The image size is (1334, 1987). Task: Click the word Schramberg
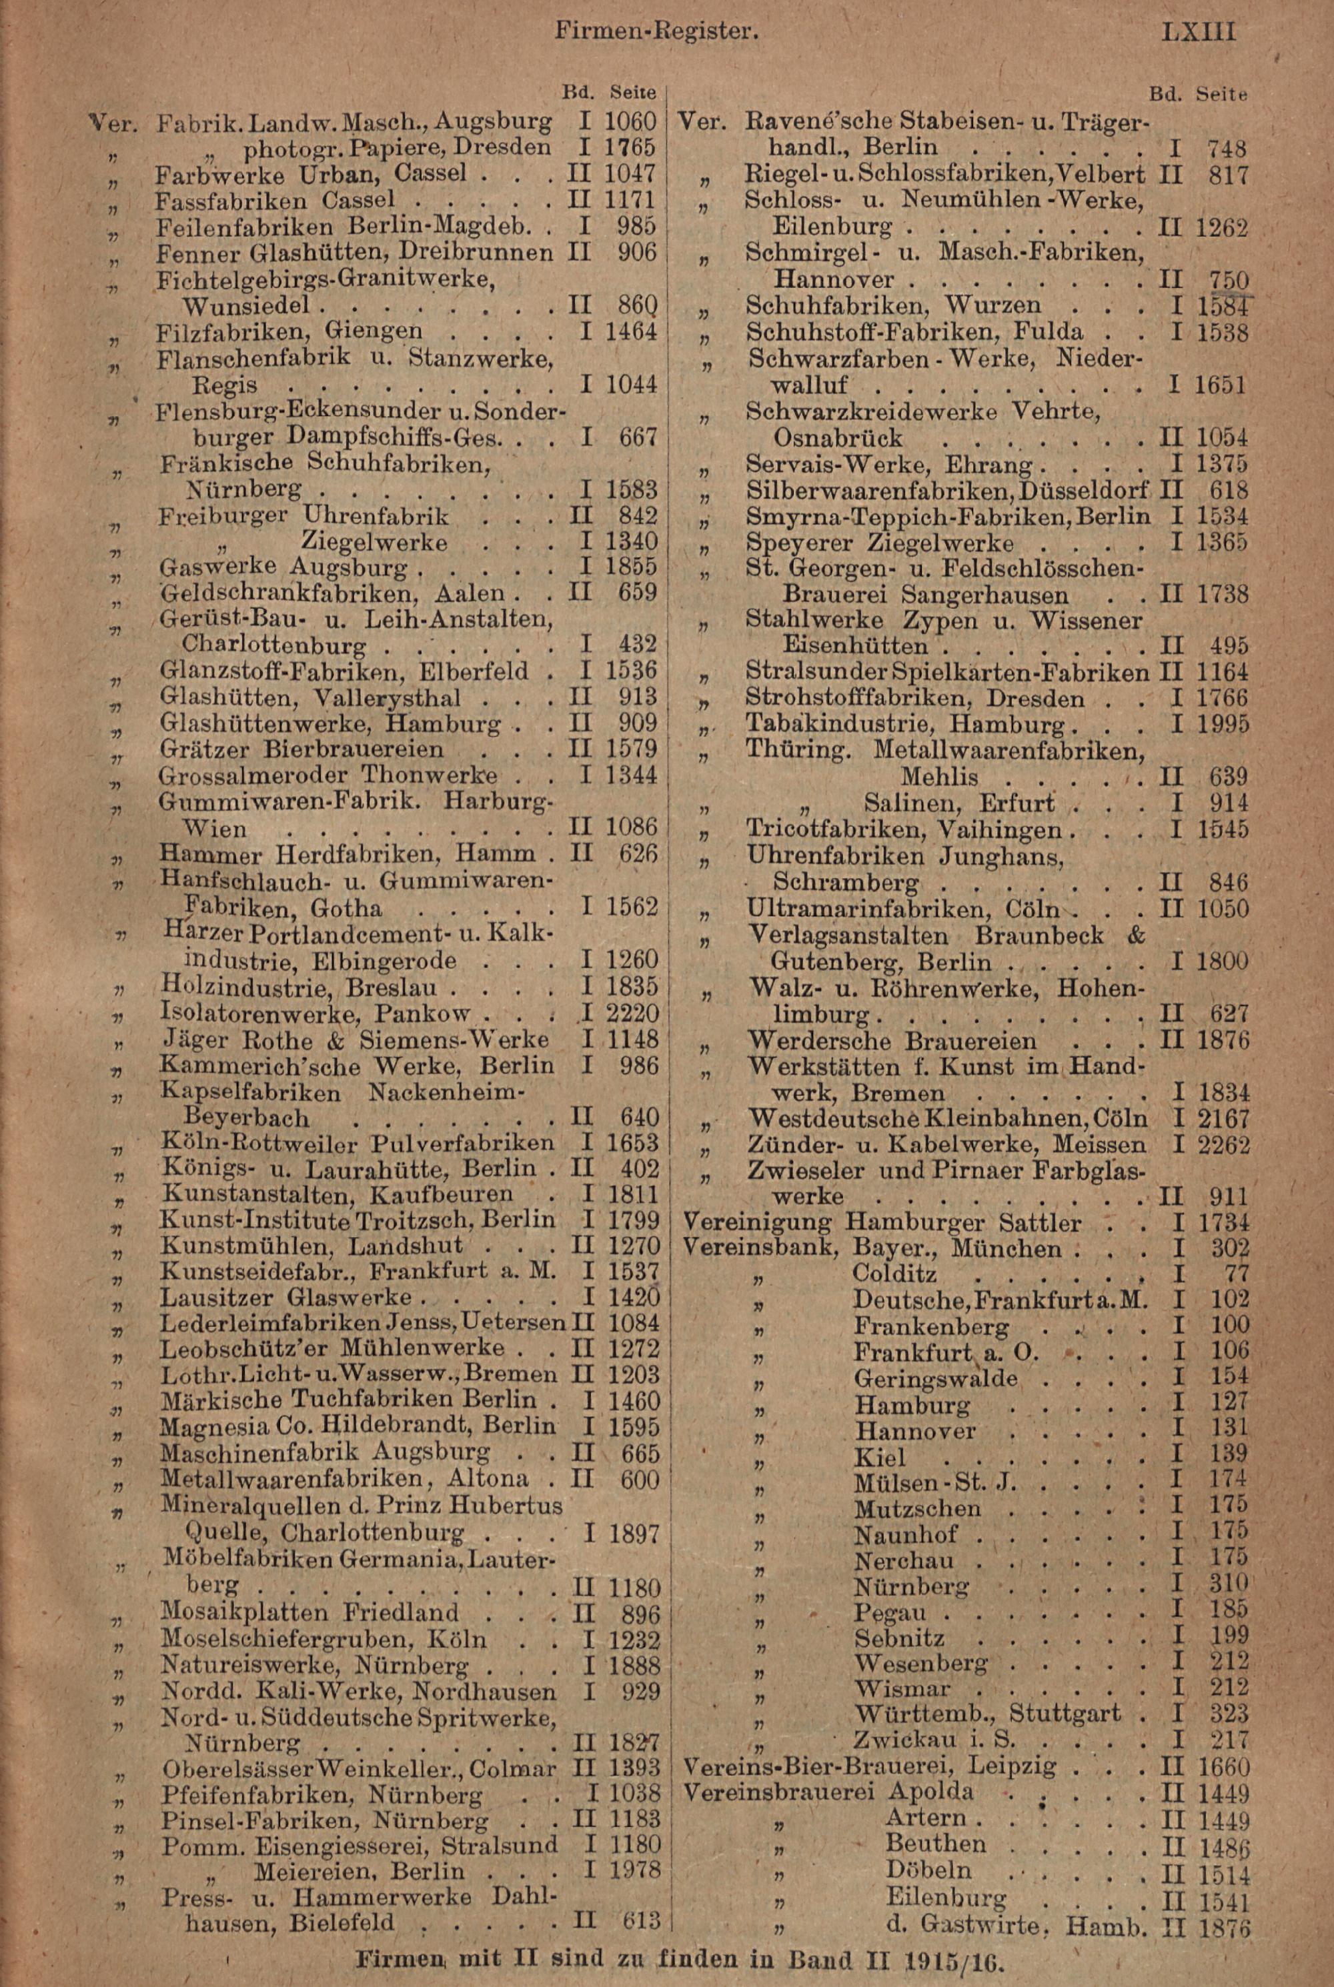[x=846, y=881]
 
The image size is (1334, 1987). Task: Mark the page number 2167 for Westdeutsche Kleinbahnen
[x=1223, y=1118]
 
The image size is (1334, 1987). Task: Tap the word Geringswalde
[x=936, y=1378]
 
